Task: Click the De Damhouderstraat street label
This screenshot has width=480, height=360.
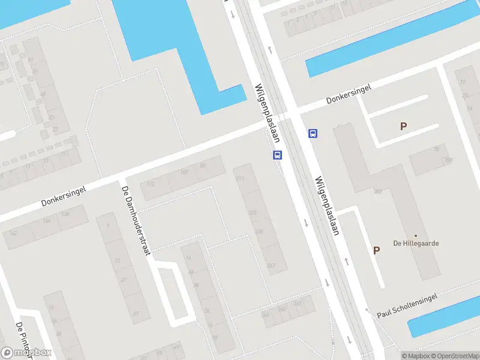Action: click(136, 221)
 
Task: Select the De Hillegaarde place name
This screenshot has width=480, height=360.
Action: click(416, 243)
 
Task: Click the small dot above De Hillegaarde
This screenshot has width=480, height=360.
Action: click(416, 235)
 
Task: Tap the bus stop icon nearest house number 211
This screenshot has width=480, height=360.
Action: click(277, 155)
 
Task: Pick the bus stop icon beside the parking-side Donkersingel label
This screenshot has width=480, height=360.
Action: click(313, 133)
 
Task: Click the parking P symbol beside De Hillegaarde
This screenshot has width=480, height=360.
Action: click(377, 251)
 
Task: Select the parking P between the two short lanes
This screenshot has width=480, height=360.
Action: click(403, 127)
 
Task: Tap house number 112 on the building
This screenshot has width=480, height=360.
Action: click(151, 184)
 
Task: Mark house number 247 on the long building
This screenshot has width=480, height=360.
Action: click(271, 266)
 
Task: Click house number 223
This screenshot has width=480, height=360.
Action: click(252, 212)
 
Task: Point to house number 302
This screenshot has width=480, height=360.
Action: click(378, 192)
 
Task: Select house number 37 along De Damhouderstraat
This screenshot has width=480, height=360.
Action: click(136, 313)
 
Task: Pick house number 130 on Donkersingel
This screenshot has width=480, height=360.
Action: click(65, 214)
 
